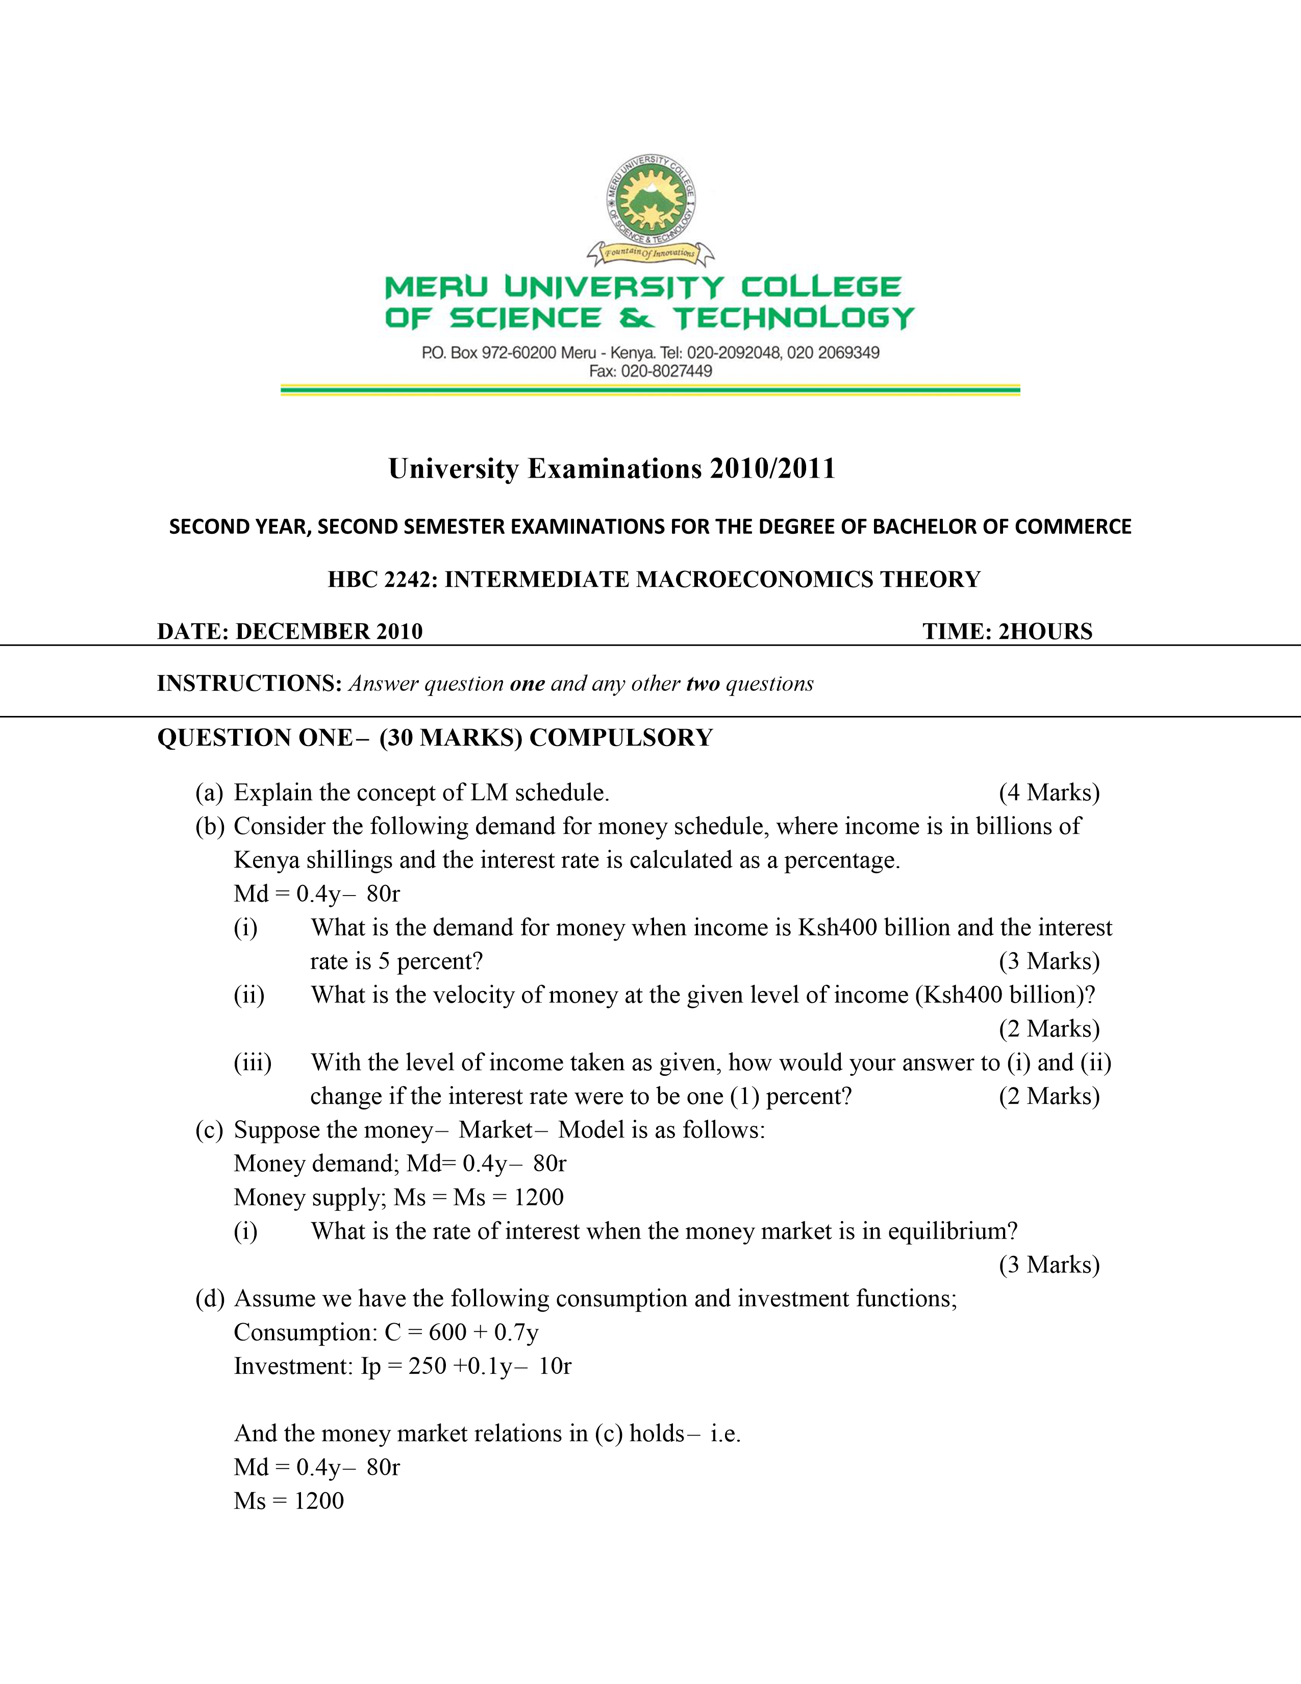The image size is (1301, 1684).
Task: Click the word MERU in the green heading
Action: coord(436,288)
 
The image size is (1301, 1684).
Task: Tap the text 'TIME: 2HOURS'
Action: coord(1007,632)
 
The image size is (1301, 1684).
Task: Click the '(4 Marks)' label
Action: coord(1049,793)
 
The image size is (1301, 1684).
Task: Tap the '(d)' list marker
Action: coord(210,1299)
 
